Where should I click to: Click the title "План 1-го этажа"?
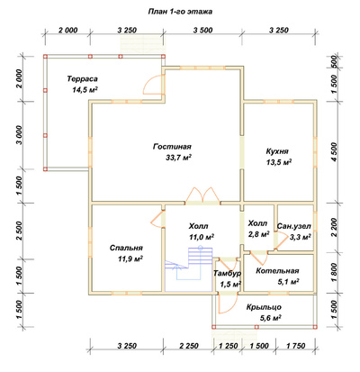click(180, 12)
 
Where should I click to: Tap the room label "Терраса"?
click(82, 79)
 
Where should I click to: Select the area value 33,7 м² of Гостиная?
click(178, 158)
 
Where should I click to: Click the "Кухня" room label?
click(277, 151)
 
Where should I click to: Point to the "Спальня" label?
click(126, 248)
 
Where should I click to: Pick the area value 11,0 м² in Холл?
click(201, 237)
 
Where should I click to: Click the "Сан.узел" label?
click(294, 226)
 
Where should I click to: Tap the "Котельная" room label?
click(277, 271)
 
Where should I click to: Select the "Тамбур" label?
click(228, 273)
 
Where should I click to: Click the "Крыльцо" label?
click(264, 307)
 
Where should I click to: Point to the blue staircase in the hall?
click(188, 268)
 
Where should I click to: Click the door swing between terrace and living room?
click(154, 85)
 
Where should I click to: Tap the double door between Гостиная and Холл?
click(202, 195)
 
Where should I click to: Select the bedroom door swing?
click(157, 219)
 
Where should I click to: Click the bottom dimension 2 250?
click(189, 346)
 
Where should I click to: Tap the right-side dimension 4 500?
click(334, 151)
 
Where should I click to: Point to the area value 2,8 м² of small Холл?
click(258, 234)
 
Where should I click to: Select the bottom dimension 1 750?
click(295, 346)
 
